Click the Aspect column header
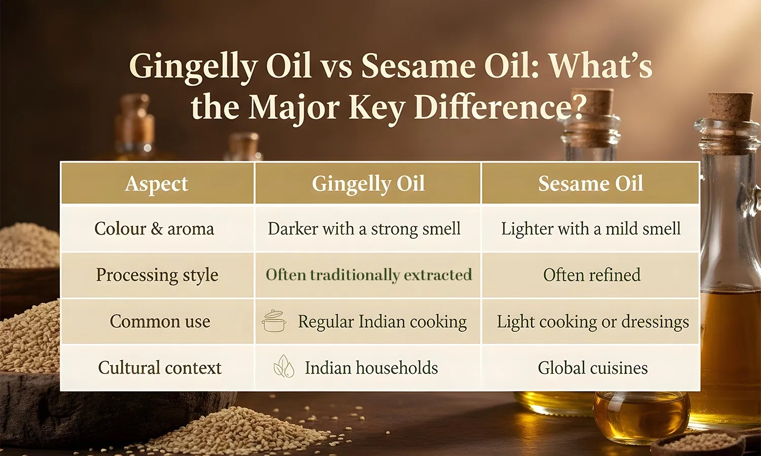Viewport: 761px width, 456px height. (156, 183)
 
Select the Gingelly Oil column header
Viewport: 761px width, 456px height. (368, 183)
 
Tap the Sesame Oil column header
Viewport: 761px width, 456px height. (591, 183)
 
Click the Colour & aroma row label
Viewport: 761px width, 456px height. (154, 229)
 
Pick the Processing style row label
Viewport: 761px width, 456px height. (157, 275)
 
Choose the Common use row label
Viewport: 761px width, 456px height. (160, 321)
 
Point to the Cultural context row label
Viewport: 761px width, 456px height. (160, 367)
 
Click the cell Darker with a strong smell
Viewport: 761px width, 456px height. (364, 229)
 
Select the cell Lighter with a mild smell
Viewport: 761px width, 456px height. (591, 229)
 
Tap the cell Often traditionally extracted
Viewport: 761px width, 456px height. (369, 275)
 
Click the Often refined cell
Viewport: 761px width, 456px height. (592, 275)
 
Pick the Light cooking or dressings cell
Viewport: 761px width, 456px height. (593, 321)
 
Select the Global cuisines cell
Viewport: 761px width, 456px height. (593, 367)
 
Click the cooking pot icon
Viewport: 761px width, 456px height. (274, 321)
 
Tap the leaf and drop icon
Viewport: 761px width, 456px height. (284, 366)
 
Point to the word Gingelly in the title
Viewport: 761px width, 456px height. (193, 66)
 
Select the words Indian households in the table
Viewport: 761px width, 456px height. (371, 367)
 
